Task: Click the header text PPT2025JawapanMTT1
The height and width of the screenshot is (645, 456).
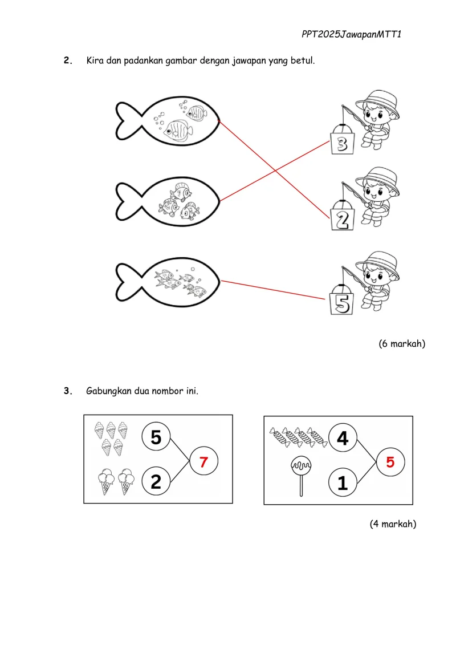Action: (x=352, y=35)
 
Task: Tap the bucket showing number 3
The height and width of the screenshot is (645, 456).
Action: (x=342, y=144)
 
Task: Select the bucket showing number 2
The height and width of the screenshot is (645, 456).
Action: (x=342, y=219)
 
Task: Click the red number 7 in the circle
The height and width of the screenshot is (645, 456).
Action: (x=204, y=462)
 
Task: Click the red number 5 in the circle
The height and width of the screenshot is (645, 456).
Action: (x=390, y=462)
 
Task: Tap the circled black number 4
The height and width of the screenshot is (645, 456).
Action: (x=343, y=438)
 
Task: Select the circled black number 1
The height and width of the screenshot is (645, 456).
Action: (x=343, y=483)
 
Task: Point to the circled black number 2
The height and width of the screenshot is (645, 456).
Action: (x=156, y=482)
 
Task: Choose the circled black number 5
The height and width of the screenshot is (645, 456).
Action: (x=156, y=437)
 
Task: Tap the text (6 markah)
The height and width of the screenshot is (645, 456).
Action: (x=402, y=343)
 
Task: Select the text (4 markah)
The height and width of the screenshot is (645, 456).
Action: (x=393, y=524)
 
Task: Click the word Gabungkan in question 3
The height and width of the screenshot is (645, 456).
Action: (x=109, y=391)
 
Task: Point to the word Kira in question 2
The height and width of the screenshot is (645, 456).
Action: (x=95, y=60)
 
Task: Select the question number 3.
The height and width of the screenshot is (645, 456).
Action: (x=68, y=391)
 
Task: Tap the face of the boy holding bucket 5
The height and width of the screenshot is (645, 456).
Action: (x=377, y=279)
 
